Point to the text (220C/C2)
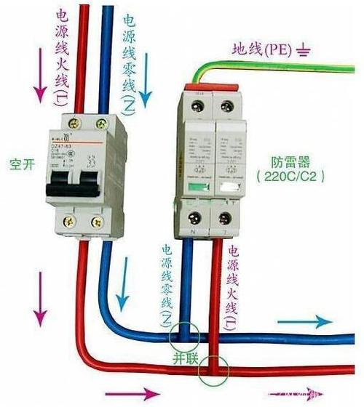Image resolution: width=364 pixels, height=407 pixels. pyautogui.click(x=290, y=177)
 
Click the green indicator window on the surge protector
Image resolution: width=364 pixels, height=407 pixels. pyautogui.click(x=194, y=188)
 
